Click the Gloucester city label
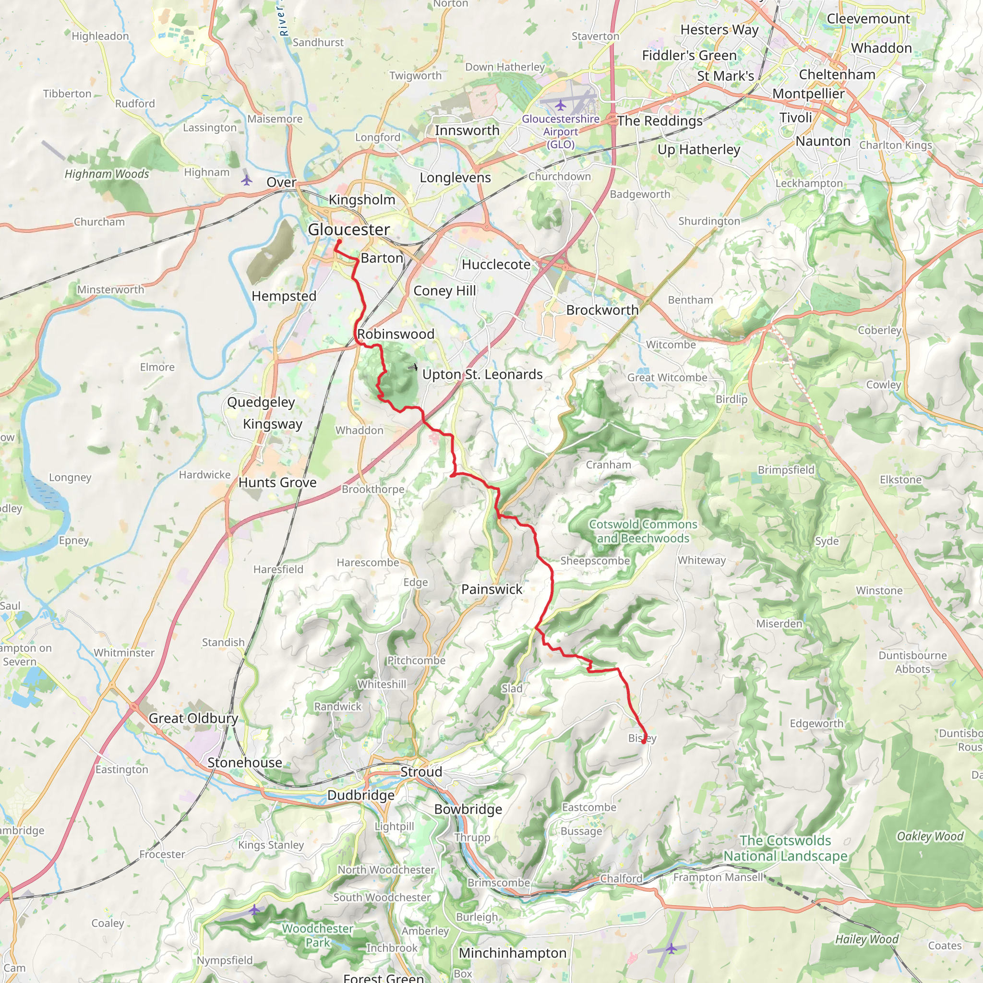tap(348, 229)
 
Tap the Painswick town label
tap(491, 589)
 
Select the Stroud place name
tap(421, 772)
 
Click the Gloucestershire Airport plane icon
tap(560, 105)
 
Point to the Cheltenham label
tap(837, 74)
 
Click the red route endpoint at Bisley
tap(644, 741)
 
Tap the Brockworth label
tap(602, 310)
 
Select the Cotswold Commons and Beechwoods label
tap(643, 531)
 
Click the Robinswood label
tap(396, 334)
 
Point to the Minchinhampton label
tap(512, 953)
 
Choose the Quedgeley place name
tap(261, 402)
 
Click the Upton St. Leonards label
tap(482, 374)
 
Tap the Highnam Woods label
tap(107, 174)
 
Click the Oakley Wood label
tap(930, 837)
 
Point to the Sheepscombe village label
tap(595, 561)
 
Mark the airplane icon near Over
tap(247, 180)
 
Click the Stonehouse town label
tap(244, 763)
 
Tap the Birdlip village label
tap(731, 399)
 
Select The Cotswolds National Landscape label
tap(785, 848)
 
